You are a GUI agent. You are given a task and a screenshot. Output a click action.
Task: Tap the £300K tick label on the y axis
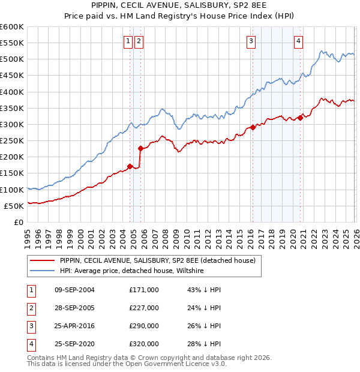[11, 125]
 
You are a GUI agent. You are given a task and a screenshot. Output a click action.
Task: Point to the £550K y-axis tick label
[11, 44]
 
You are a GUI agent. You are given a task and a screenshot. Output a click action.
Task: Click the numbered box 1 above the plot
[128, 41]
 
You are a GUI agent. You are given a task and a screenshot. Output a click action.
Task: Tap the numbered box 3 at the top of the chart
[251, 41]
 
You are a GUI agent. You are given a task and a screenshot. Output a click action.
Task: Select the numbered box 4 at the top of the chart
[298, 41]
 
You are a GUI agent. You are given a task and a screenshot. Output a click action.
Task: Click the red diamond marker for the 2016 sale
[253, 127]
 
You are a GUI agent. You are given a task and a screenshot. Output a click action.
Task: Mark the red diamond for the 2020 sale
[300, 118]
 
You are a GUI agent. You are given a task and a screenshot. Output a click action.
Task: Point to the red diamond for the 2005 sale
[140, 148]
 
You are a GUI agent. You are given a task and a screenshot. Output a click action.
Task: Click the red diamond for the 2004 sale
[130, 166]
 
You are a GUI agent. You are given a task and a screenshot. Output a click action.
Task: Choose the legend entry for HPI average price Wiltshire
[131, 271]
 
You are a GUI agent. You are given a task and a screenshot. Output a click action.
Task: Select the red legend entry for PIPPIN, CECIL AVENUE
[158, 260]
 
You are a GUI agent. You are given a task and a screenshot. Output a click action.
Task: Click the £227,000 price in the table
[144, 308]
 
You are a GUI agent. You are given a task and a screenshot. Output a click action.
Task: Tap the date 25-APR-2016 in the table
[75, 326]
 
